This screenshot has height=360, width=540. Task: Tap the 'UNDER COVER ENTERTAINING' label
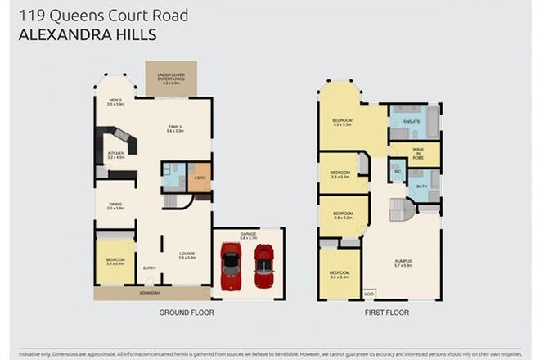click(166, 79)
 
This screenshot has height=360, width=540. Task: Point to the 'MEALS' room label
click(115, 101)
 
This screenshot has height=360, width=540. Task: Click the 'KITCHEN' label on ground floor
click(115, 155)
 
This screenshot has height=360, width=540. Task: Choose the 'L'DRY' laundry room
click(200, 178)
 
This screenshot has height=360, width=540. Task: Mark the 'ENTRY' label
click(149, 268)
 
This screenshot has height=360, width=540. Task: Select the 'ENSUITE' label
click(412, 122)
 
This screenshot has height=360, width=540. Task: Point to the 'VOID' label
click(369, 293)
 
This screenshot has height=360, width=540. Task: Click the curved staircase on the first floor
click(402, 210)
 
